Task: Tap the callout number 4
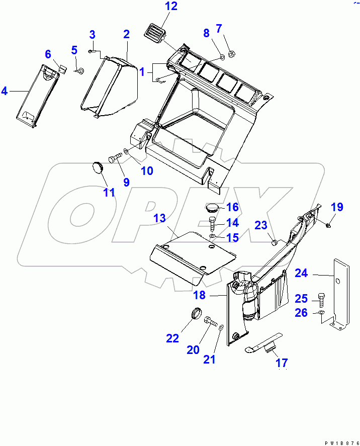(5, 91)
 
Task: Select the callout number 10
(146, 171)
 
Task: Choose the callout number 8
(206, 33)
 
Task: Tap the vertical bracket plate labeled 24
(341, 292)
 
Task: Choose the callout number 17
(282, 363)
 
